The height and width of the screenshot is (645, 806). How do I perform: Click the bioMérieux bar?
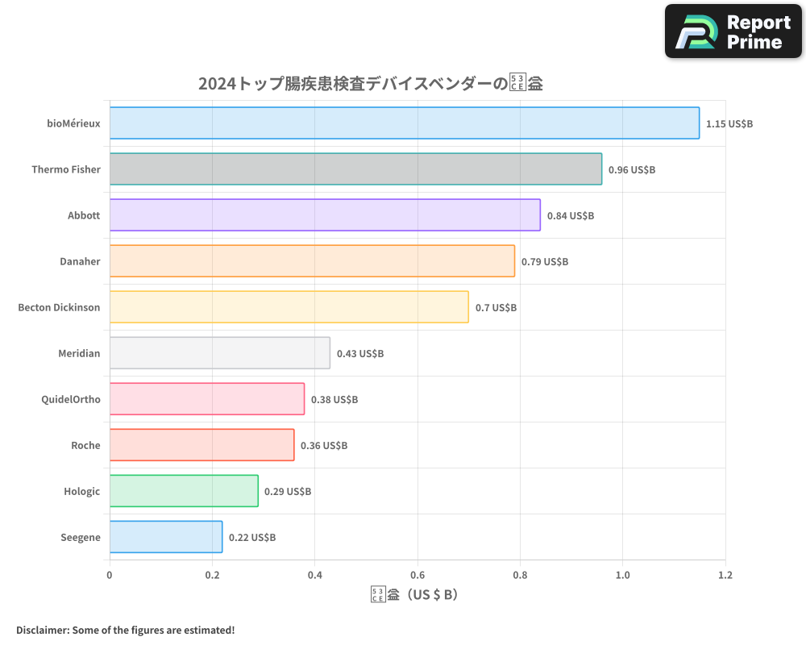point(404,123)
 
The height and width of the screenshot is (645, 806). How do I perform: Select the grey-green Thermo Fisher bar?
point(355,169)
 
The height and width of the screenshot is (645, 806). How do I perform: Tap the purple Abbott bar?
point(325,215)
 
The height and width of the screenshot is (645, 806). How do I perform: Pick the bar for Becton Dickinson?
point(289,307)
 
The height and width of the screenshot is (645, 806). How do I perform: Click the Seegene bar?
point(166,537)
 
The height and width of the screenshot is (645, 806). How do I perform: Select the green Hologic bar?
point(184,491)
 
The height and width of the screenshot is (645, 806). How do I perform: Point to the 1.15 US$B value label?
point(729,124)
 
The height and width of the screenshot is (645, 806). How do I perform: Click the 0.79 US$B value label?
point(545,262)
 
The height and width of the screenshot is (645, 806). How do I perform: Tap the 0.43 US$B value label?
point(360,354)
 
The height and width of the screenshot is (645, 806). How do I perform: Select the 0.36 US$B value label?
point(324,446)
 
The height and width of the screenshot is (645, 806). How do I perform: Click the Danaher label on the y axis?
point(80,262)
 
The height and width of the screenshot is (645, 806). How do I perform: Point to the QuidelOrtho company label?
point(71,400)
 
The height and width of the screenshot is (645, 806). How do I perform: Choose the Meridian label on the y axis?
point(79,354)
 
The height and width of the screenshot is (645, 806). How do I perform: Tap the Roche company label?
point(85,446)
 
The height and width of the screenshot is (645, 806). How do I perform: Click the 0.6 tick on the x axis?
point(418,576)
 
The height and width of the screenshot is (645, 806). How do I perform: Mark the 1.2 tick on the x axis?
point(725,576)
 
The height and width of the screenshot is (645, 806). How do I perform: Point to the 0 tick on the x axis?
point(110,576)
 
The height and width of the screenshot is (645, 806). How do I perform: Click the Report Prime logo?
point(733,31)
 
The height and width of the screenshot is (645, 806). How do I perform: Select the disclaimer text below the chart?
point(125,630)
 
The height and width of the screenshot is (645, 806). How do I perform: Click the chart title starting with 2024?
point(370,83)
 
